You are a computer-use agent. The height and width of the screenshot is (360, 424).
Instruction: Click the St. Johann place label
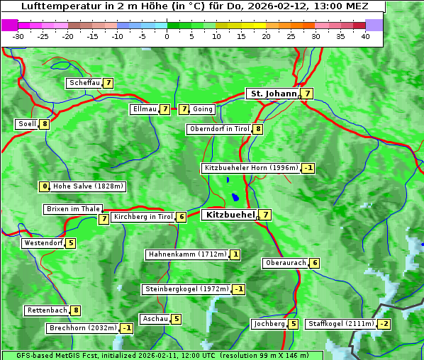click(x=272, y=94)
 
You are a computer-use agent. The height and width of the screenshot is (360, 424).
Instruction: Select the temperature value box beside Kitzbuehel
click(x=265, y=215)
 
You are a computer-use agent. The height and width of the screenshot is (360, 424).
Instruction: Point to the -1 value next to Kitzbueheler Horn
click(x=308, y=168)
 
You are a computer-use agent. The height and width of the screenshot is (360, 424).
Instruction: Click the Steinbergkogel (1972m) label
click(x=186, y=289)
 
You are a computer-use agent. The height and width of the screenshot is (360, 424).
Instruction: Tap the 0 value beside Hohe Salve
click(x=45, y=186)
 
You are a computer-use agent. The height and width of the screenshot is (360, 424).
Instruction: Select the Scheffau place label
click(x=84, y=83)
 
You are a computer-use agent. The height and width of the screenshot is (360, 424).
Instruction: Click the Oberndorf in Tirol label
click(x=219, y=129)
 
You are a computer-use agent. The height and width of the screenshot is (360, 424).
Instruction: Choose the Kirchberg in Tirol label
click(x=143, y=217)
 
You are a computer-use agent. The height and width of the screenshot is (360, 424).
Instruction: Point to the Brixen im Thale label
click(x=73, y=209)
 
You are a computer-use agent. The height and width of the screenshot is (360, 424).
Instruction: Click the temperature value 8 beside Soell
click(x=45, y=124)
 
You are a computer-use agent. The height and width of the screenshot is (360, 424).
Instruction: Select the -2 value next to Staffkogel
click(x=384, y=324)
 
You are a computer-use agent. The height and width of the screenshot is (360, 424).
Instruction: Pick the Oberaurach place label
click(x=285, y=263)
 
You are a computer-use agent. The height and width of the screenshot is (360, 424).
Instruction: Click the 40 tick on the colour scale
click(x=365, y=36)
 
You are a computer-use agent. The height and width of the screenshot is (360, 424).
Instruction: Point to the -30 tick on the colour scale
click(x=18, y=36)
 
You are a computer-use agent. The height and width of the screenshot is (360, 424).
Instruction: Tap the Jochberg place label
click(x=269, y=324)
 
